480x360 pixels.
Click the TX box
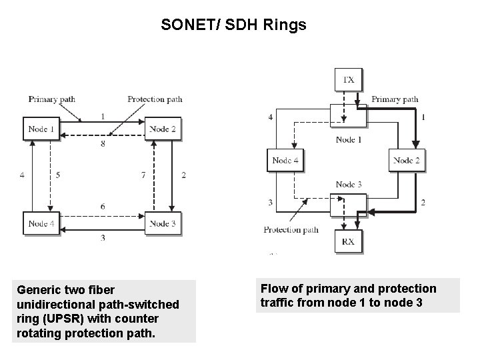coord(348,80)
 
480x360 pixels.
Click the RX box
coord(348,241)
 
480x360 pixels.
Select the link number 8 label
coord(102,143)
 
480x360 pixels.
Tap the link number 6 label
coord(102,207)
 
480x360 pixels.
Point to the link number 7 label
coord(143,175)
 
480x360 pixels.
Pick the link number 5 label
coord(58,175)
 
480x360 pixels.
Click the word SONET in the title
coord(181,25)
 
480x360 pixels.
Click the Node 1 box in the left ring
coord(41,129)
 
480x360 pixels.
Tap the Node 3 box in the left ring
coord(163,223)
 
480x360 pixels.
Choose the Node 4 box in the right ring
coord(285,160)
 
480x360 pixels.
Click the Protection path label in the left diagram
coord(155,99)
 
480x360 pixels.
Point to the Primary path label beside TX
coord(395,99)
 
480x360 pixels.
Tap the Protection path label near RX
coord(291,230)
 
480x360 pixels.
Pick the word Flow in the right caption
coord(273,289)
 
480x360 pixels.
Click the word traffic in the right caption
coord(277,302)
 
